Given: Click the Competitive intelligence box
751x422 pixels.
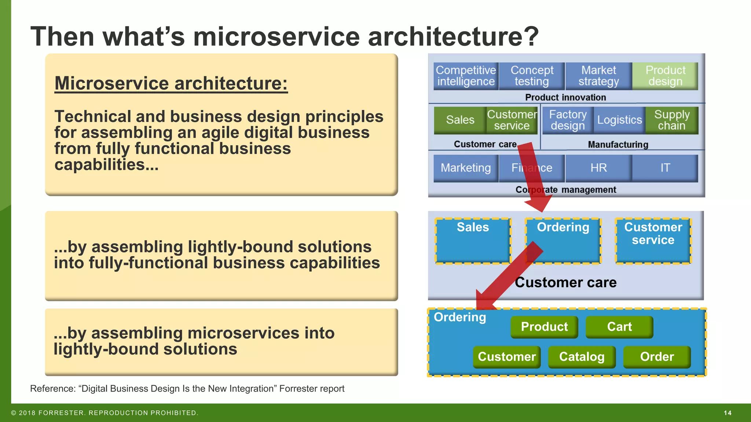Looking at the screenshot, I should click(466, 76).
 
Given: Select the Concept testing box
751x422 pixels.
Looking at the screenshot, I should click(532, 76).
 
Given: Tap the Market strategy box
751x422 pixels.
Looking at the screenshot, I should click(598, 76).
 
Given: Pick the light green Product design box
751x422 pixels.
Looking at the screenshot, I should click(665, 76).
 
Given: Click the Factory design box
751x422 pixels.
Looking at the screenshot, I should click(568, 120).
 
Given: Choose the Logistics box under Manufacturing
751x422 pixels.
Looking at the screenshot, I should click(619, 120).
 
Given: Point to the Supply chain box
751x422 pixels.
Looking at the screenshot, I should click(672, 120).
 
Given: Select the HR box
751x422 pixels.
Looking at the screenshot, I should click(598, 168).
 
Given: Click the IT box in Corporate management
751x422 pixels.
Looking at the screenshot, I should click(665, 168).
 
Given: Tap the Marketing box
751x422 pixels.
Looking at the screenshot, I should click(466, 168).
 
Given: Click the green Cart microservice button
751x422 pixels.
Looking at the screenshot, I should click(619, 327).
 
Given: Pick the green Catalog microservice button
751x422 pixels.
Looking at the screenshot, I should click(582, 357).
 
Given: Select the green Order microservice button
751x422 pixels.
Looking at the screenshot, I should click(657, 357).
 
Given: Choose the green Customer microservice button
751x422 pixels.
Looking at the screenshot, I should click(507, 357).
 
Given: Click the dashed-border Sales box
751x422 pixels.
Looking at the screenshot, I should click(473, 241).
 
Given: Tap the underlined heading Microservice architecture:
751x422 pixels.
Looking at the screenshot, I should click(171, 83).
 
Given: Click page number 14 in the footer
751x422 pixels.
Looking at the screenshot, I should click(728, 413).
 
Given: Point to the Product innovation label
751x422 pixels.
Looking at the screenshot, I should click(565, 97).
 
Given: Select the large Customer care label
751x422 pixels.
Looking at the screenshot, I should click(565, 282).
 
